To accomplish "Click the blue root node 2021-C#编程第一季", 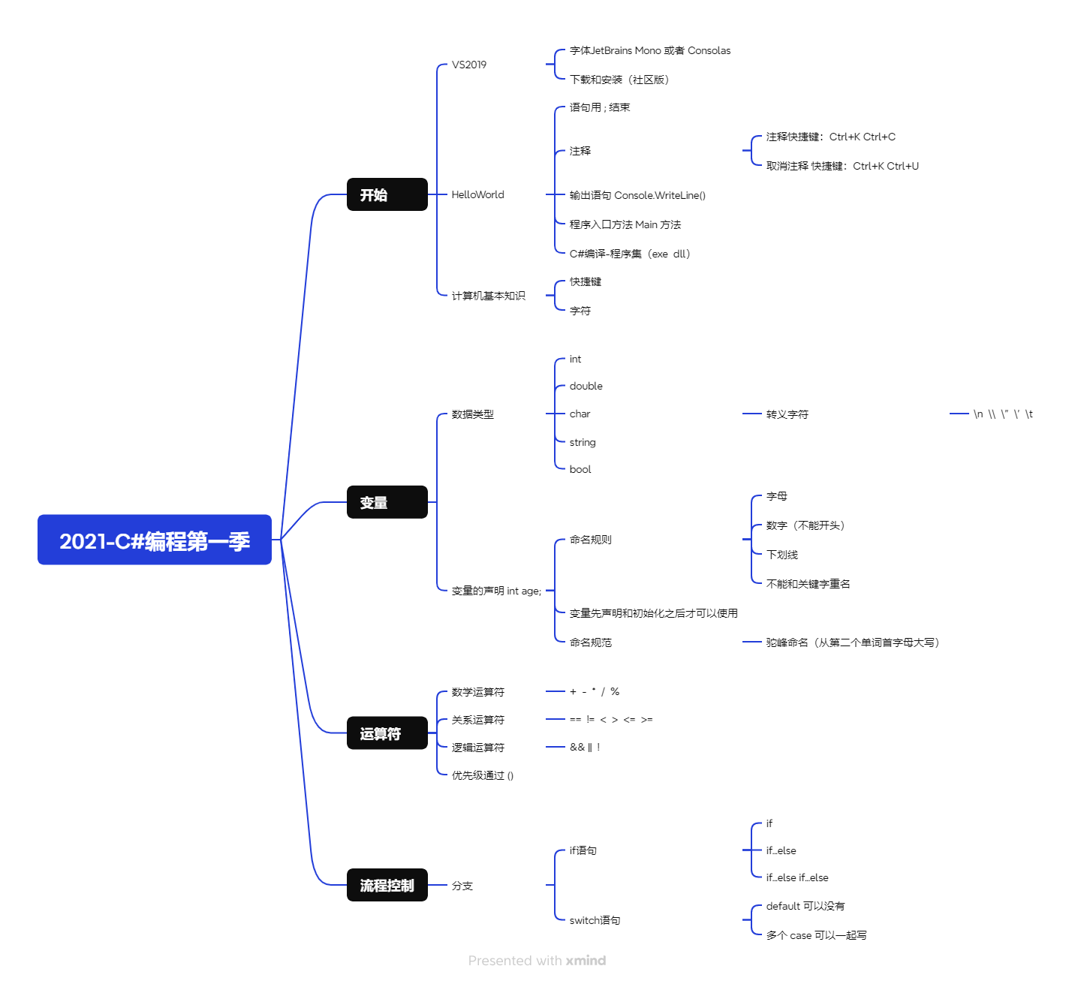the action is point(155,540).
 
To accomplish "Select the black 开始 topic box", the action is point(387,194).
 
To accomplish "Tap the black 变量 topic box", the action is point(387,502).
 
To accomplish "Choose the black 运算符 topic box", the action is point(387,733).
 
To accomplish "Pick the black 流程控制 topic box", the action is point(387,885).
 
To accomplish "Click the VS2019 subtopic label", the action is point(469,65).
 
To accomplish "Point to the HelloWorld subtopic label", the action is point(477,194).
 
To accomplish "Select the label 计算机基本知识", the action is point(488,296).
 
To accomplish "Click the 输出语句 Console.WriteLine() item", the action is point(637,195).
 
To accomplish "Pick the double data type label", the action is point(586,386).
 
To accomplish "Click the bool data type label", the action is point(580,470).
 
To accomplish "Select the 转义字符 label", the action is point(787,414).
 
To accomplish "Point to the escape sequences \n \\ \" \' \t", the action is point(1003,414).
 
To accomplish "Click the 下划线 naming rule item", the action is point(781,555).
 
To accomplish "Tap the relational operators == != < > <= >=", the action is point(611,719).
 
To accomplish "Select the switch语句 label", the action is point(595,920).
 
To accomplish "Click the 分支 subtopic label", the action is point(462,886).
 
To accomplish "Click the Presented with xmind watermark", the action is point(537,961).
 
